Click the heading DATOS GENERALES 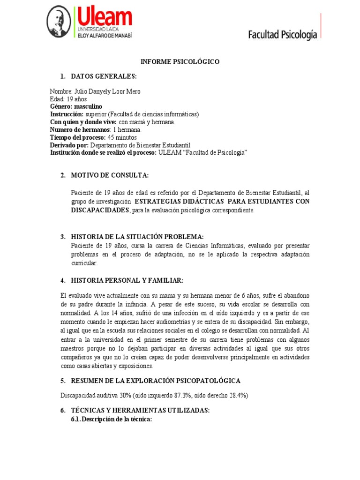[104, 76]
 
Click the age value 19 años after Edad [72, 99]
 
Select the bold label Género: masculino [76, 107]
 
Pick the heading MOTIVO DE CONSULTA [110, 175]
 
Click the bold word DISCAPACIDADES [100, 210]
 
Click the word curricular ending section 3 [84, 263]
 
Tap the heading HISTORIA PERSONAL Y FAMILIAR [127, 280]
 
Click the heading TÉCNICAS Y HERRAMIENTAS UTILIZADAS [140, 411]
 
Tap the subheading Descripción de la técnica [111, 419]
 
